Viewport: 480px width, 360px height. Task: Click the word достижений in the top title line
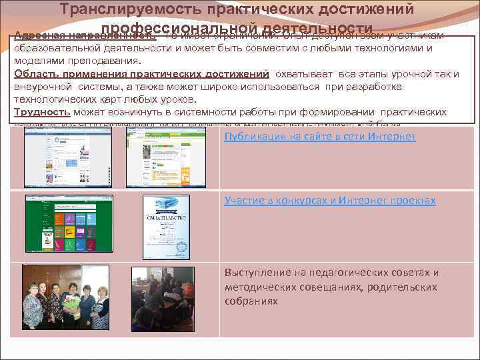pyautogui.click(x=364, y=9)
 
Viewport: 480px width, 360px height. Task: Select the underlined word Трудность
pyautogui.click(x=42, y=112)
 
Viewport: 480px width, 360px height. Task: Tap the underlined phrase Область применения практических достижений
pyautogui.click(x=141, y=73)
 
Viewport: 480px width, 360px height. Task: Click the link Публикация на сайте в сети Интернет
pyautogui.click(x=320, y=137)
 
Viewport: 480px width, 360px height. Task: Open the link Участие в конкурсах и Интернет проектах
pyautogui.click(x=330, y=200)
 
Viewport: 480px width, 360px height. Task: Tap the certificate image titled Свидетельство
pyautogui.click(x=166, y=227)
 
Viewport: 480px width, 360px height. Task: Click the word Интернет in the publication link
pyautogui.click(x=393, y=137)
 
